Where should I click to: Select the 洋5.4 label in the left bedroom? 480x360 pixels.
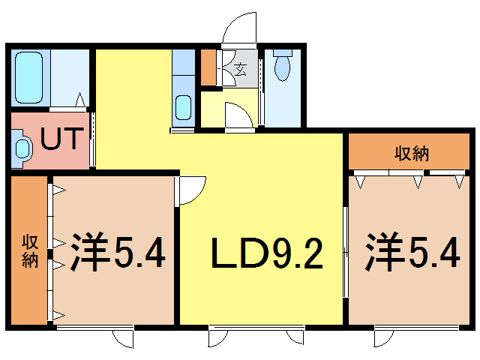(x=118, y=253)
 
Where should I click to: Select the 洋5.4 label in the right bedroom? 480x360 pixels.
(x=412, y=253)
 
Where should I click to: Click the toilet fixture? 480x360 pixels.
(x=283, y=65)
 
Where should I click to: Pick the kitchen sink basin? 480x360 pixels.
(x=183, y=106)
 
